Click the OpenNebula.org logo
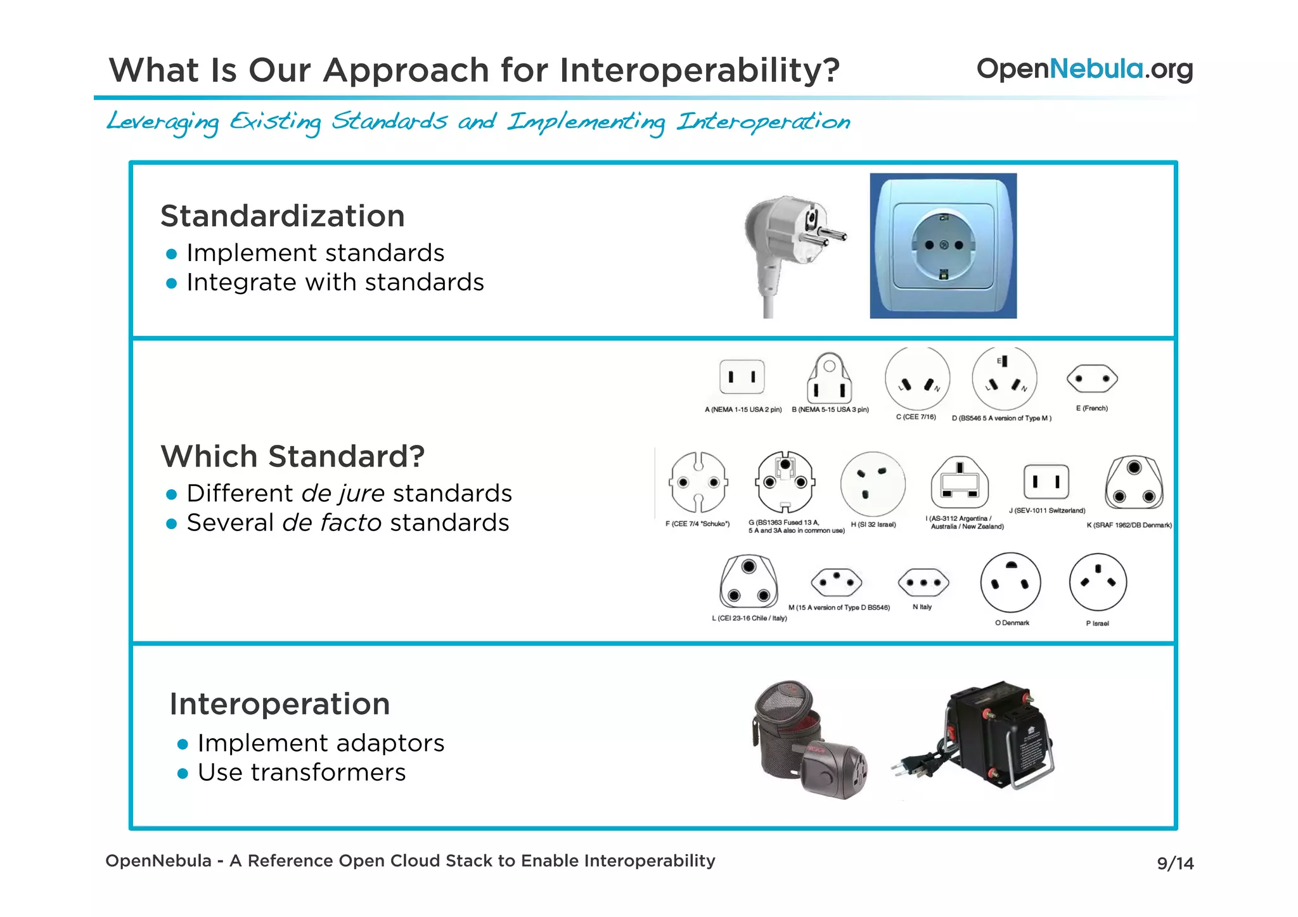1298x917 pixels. tap(1084, 69)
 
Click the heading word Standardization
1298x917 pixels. tap(282, 216)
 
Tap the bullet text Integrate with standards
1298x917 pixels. tap(335, 283)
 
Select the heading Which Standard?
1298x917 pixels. tap(292, 456)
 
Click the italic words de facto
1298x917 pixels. tap(331, 523)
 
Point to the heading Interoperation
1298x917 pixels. tap(280, 704)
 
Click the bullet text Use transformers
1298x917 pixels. tap(301, 773)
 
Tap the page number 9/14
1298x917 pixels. tap(1174, 863)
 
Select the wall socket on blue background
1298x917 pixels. tap(943, 246)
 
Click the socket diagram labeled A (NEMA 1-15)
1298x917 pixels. tap(742, 377)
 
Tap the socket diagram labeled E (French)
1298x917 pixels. tap(1091, 379)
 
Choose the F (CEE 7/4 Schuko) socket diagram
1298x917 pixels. tap(697, 483)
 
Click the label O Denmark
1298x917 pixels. tap(1012, 623)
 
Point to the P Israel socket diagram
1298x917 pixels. tap(1097, 582)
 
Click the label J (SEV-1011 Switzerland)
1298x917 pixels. tap(1046, 511)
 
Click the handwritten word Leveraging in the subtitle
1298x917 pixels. tap(163, 122)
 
